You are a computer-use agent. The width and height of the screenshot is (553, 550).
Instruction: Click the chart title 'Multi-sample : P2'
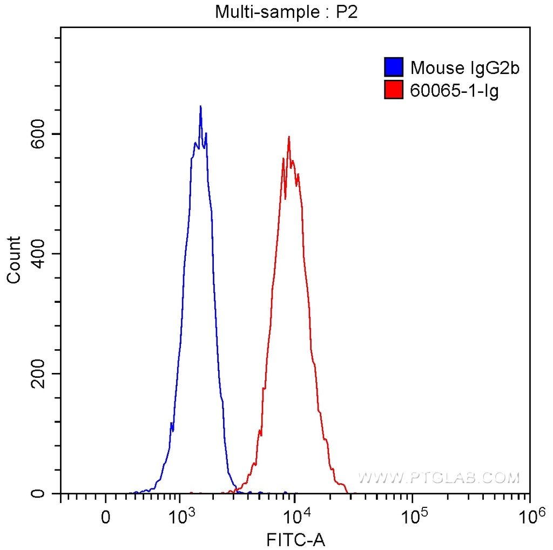point(287,12)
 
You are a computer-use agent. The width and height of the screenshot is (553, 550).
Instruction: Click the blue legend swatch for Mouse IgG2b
point(394,67)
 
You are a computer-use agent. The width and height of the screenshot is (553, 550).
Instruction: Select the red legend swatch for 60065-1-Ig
point(394,90)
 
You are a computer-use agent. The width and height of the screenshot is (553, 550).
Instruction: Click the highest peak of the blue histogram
point(200,107)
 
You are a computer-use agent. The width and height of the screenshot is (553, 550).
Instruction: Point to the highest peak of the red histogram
point(289,137)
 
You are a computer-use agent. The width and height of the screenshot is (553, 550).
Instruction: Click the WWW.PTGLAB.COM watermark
point(438,478)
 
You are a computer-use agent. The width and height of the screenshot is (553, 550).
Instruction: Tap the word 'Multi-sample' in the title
point(251,12)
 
